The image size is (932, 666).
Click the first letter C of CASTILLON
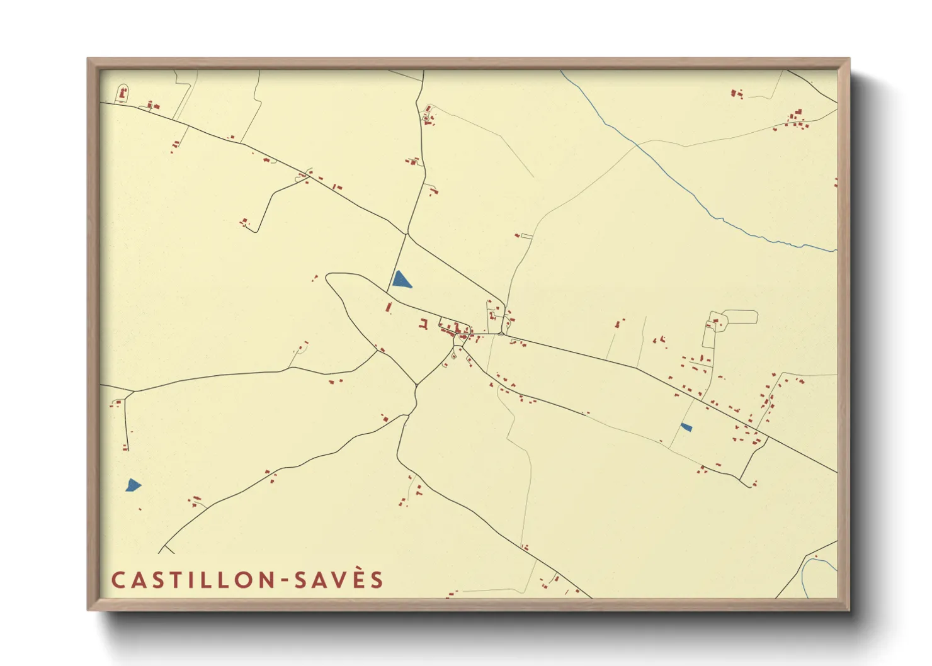[117, 580]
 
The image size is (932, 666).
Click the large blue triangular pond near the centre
[401, 280]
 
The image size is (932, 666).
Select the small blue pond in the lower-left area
[133, 485]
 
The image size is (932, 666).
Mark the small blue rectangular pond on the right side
[686, 427]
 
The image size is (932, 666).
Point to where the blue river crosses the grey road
[637, 145]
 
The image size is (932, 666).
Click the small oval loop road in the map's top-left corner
[122, 93]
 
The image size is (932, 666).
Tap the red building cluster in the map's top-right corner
[796, 119]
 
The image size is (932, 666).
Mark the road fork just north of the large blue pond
[407, 235]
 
